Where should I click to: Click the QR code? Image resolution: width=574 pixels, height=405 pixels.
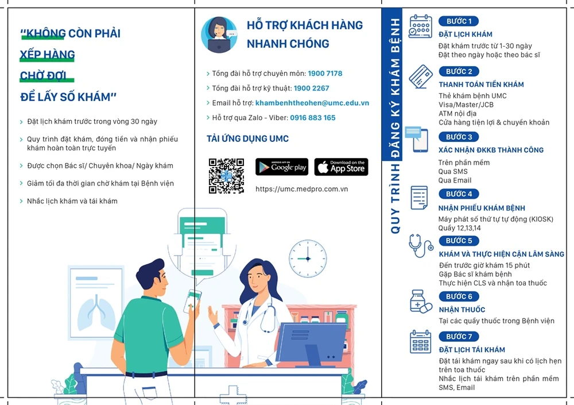(226, 176)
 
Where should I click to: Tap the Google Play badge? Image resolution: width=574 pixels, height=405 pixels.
(282, 167)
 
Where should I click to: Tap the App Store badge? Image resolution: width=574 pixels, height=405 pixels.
(341, 167)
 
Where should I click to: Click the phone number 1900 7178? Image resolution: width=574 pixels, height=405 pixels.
(325, 74)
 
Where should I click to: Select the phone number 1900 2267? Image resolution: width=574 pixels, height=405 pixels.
(312, 88)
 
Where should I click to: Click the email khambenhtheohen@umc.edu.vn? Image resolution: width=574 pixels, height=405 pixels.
(312, 103)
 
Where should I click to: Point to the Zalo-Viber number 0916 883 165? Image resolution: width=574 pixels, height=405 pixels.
(313, 118)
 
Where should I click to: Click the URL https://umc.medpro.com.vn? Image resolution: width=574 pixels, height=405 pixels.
(302, 189)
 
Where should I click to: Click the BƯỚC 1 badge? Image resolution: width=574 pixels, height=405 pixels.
(459, 21)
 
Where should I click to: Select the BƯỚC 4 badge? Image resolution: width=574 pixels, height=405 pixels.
(459, 194)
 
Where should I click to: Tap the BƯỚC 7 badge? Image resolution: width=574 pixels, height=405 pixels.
(459, 337)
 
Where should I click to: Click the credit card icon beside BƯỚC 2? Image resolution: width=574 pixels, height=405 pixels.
(421, 76)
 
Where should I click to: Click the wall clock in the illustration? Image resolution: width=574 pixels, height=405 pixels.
(308, 259)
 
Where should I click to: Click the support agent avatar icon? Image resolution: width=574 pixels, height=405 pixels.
(219, 35)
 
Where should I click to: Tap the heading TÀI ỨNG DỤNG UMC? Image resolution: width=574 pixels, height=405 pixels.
(247, 138)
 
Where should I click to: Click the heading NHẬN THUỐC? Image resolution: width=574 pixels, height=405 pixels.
(462, 310)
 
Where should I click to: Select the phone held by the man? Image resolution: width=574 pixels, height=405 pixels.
(192, 300)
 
